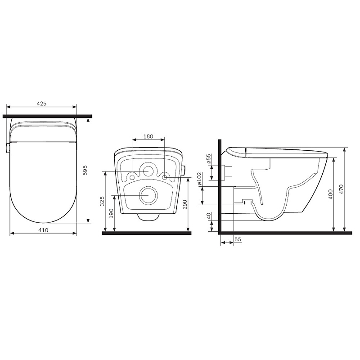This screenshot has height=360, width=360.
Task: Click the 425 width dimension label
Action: [41, 103]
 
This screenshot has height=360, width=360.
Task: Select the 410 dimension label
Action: [43, 230]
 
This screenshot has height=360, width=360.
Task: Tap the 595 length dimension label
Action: [85, 170]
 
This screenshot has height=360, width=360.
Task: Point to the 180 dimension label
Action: [148, 136]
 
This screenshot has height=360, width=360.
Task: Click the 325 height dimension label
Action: [102, 201]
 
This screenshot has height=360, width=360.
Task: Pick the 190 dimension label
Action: [112, 213]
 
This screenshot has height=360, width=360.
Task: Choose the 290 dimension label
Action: [185, 205]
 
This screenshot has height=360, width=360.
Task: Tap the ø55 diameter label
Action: [208, 159]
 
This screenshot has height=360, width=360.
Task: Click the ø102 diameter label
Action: [199, 178]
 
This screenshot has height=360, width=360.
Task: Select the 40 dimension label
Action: [208, 216]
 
